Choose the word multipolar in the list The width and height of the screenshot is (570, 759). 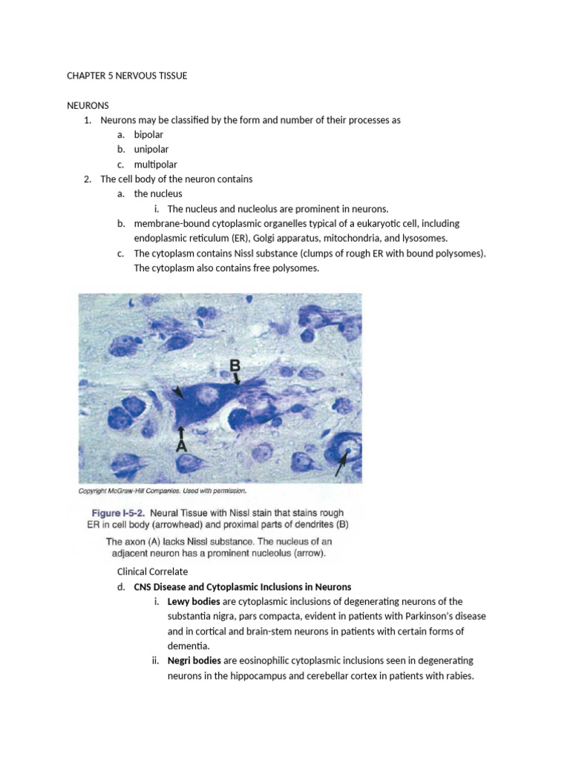[156, 165]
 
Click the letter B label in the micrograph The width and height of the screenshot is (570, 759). [235, 365]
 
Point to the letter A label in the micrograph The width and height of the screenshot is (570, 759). [180, 446]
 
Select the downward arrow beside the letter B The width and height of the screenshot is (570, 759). [237, 379]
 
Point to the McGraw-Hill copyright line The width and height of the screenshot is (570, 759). [162, 491]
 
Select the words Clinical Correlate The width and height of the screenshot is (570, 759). [153, 571]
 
